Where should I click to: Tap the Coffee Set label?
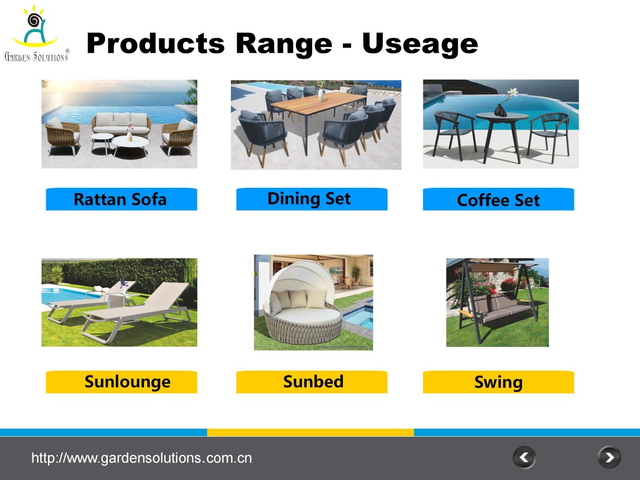pos(498,199)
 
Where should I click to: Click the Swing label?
pos(498,382)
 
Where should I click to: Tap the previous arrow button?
pos(524,458)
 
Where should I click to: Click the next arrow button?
pos(609,458)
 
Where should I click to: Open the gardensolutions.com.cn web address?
pos(142,458)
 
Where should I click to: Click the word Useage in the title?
pos(420,44)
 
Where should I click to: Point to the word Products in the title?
pos(156,43)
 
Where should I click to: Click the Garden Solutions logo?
pos(37,33)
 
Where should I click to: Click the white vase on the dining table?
pos(321,95)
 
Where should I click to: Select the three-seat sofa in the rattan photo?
pos(121,124)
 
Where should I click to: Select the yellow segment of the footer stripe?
pos(310,432)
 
